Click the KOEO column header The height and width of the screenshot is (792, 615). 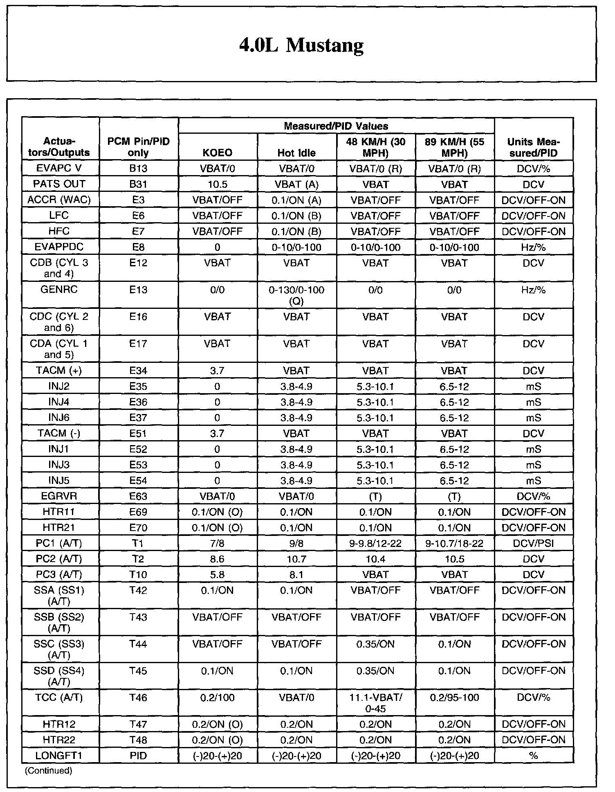[x=218, y=153]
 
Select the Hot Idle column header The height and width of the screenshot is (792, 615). [x=296, y=153]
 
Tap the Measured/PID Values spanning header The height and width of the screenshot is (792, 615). [x=336, y=126]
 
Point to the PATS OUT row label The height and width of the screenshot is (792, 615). [x=59, y=184]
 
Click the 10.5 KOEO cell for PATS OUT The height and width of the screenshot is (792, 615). [x=218, y=184]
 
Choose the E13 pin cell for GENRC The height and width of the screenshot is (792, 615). [x=138, y=290]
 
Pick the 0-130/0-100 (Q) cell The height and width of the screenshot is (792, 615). [x=296, y=295]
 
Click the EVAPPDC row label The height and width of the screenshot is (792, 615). [x=59, y=247]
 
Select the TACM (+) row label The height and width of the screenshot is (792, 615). [x=59, y=371]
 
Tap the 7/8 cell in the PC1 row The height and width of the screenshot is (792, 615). [x=218, y=544]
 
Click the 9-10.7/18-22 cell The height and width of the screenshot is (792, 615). [x=454, y=544]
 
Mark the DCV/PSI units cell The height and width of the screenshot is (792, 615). [x=533, y=544]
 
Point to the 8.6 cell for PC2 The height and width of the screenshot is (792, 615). [x=218, y=559]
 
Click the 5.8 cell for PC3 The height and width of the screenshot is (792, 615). [x=218, y=575]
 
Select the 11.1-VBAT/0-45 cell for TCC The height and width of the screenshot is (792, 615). [x=375, y=703]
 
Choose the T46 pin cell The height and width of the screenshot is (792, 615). [x=138, y=698]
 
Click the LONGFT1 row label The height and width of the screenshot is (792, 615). [x=59, y=756]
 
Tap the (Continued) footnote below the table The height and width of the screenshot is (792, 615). [x=48, y=771]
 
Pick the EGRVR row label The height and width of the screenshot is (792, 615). [x=59, y=497]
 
